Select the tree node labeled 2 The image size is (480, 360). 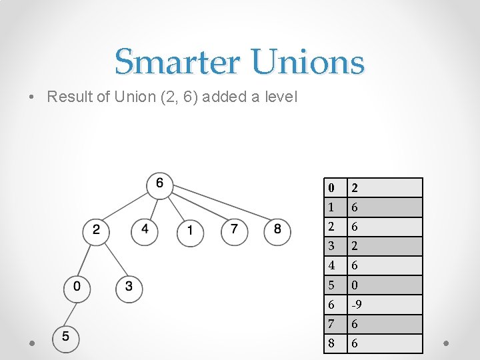[x=96, y=231]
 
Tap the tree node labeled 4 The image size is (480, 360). [x=145, y=231]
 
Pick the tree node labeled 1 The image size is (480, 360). [x=191, y=232]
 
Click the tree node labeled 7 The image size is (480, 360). [x=233, y=231]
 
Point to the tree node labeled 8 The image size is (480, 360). [x=277, y=231]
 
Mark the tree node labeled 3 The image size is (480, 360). [x=129, y=287]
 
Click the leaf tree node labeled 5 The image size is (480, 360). [x=65, y=337]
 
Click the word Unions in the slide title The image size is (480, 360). [x=308, y=63]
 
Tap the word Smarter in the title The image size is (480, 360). [x=178, y=63]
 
